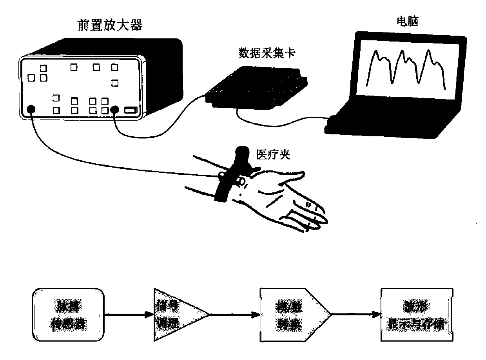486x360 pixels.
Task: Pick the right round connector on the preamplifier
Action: point(114,110)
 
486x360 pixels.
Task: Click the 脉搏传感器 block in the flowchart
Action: point(69,314)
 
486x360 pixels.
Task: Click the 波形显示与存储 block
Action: point(417,314)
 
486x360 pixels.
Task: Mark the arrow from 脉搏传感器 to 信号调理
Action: point(129,314)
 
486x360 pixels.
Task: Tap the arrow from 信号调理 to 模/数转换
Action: point(235,314)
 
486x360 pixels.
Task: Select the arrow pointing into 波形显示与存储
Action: point(357,314)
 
